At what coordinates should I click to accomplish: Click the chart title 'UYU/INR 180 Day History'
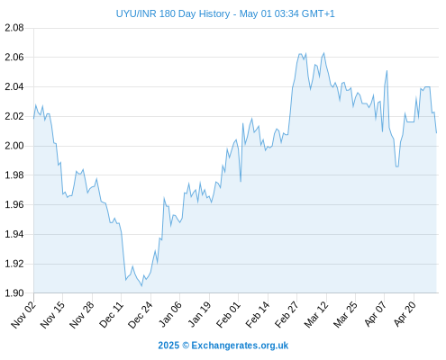pos(173,13)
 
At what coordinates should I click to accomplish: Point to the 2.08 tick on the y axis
pos(14,28)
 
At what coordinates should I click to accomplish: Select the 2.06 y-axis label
pos(14,57)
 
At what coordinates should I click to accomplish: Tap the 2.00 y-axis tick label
pos(14,146)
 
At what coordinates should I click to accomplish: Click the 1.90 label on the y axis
pos(14,292)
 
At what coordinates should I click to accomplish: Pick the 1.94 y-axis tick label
pos(14,234)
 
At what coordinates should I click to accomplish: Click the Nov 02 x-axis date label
pos(23,315)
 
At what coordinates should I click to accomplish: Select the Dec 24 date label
pos(141,315)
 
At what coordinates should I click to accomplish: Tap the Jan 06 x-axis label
pos(169,315)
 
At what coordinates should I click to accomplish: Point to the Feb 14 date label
pos(258,315)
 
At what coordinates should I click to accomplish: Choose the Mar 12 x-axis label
pos(316,315)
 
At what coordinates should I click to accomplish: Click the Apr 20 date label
pos(404,315)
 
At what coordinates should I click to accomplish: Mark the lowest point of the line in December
pos(141,286)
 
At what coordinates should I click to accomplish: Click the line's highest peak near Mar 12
pos(323,53)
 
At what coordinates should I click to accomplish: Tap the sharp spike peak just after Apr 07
pos(387,71)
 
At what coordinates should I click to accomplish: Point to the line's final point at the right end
pos(436,132)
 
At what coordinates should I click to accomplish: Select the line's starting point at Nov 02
pos(33,119)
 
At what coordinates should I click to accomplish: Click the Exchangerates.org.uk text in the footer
pos(240,346)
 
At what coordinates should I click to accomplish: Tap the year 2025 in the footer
pos(168,346)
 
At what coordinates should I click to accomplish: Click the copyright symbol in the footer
pos(186,346)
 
